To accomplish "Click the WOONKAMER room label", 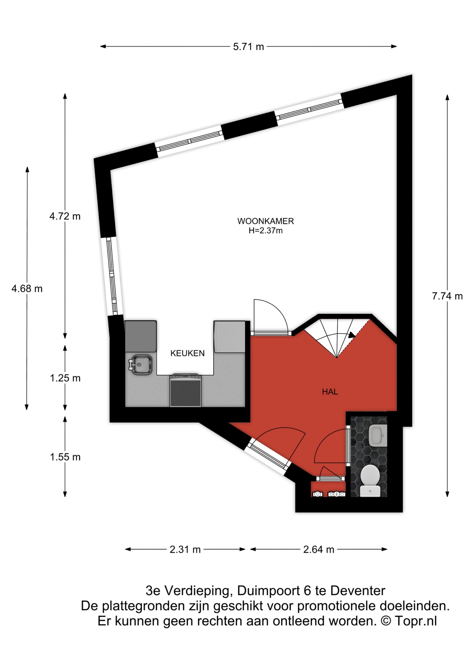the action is click(x=265, y=221).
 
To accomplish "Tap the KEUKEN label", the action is click(x=187, y=353).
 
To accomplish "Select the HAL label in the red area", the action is click(x=330, y=392).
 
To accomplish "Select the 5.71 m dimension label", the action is click(x=248, y=47).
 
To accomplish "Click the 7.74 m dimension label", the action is click(x=447, y=296).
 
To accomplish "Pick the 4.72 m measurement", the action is click(x=65, y=216).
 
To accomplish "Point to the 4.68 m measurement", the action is click(x=27, y=289).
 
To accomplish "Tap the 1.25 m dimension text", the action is click(x=65, y=378).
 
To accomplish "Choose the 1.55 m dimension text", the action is click(x=65, y=457).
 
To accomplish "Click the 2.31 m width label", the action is click(x=185, y=549).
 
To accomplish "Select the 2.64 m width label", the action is click(x=318, y=549).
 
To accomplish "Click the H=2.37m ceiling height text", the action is click(x=265, y=230).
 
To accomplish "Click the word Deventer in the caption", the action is click(x=358, y=591).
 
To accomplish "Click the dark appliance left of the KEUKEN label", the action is click(x=141, y=336).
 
